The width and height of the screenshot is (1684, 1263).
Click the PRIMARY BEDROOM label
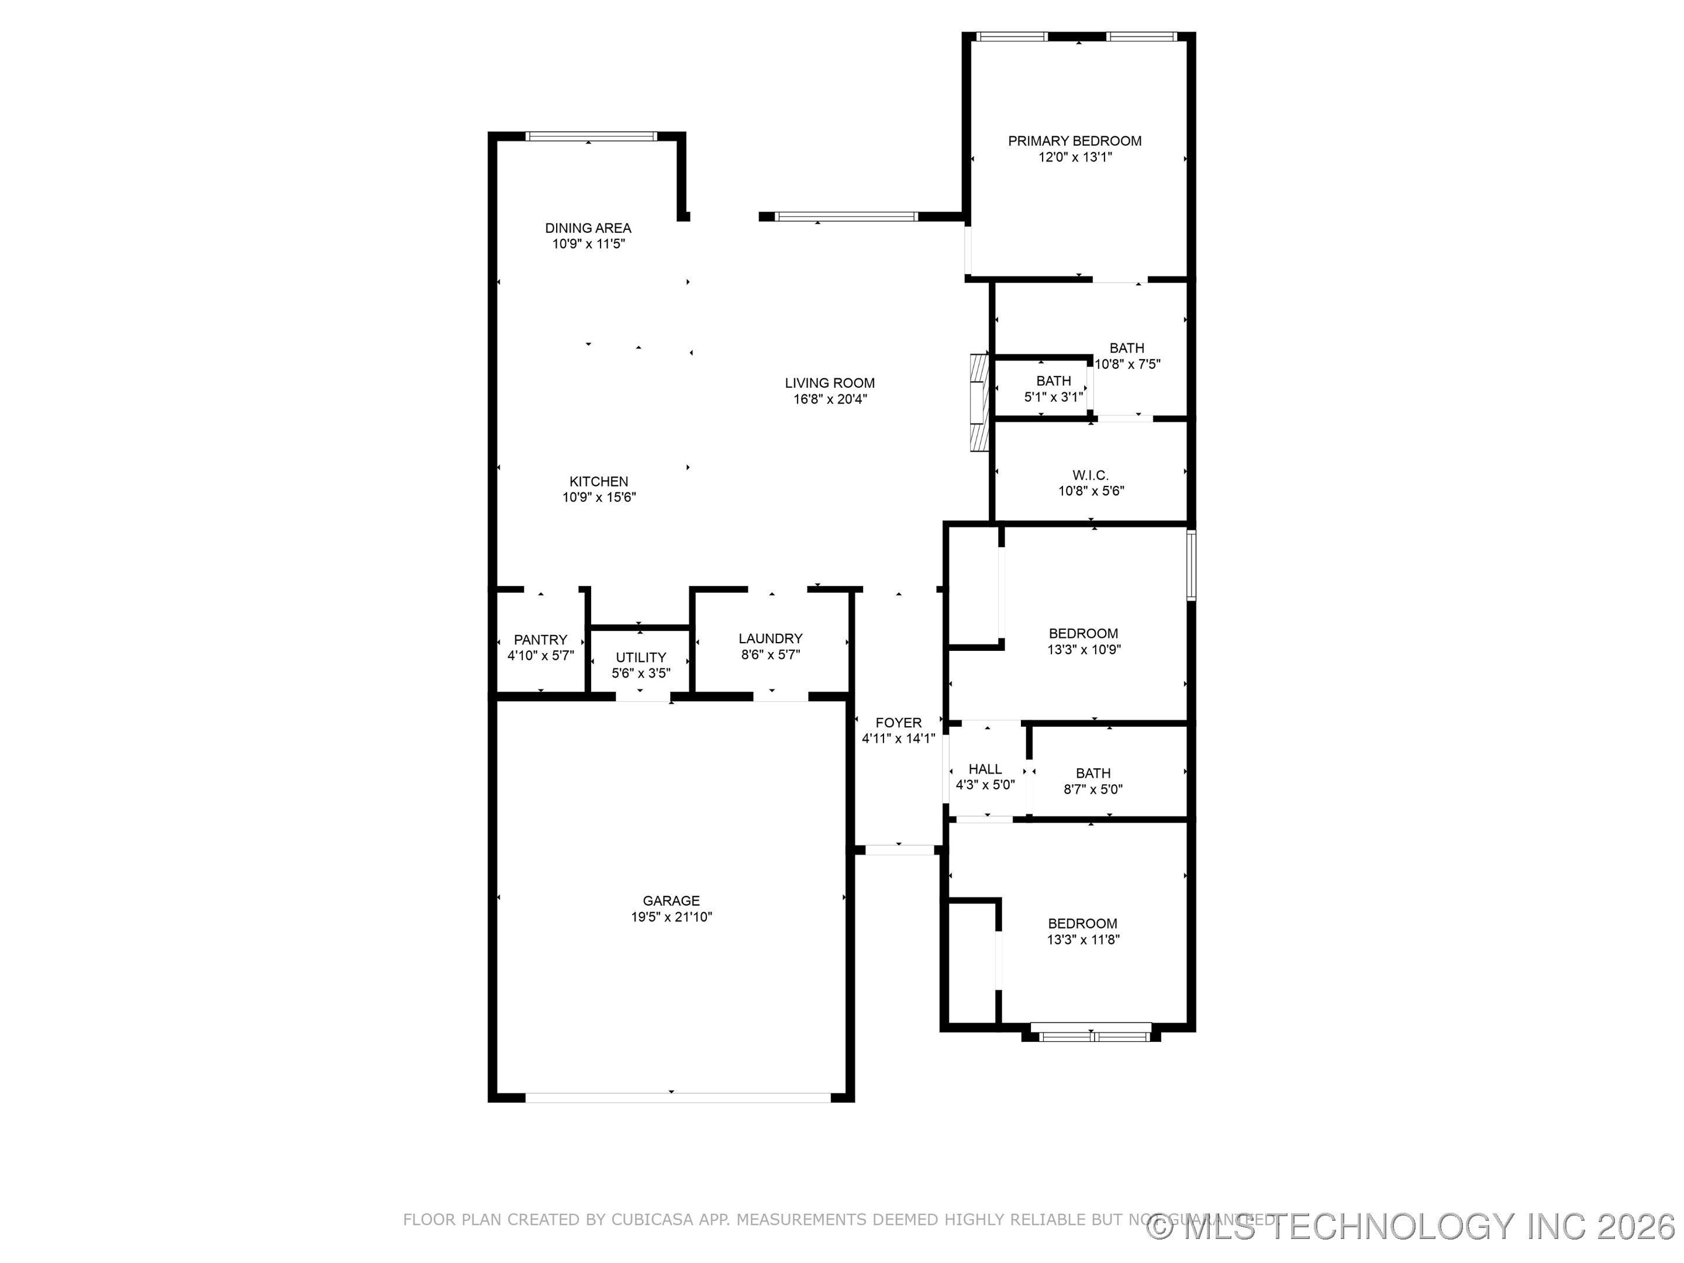tap(1074, 141)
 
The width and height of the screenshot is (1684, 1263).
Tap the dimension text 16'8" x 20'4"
tap(830, 399)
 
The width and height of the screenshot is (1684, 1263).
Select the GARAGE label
tap(671, 900)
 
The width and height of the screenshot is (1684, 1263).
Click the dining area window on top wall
tap(591, 137)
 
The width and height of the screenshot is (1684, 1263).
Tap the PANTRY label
tap(540, 640)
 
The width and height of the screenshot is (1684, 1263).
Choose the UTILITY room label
tap(640, 657)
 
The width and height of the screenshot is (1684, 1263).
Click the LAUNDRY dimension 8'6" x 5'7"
tap(771, 655)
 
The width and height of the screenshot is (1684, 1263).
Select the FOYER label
tap(898, 723)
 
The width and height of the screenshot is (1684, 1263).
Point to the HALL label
tap(985, 769)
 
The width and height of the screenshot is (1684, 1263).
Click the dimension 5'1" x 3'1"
tap(1053, 396)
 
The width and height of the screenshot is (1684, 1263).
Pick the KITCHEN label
tap(598, 481)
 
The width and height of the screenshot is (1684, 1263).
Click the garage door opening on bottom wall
tap(678, 1098)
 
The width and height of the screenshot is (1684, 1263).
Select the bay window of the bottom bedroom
tap(1094, 1036)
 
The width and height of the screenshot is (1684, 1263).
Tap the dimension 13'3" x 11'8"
tap(1082, 940)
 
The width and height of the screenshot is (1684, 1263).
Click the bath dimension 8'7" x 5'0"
tap(1092, 789)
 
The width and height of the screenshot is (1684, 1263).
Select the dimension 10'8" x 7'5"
tap(1127, 364)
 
